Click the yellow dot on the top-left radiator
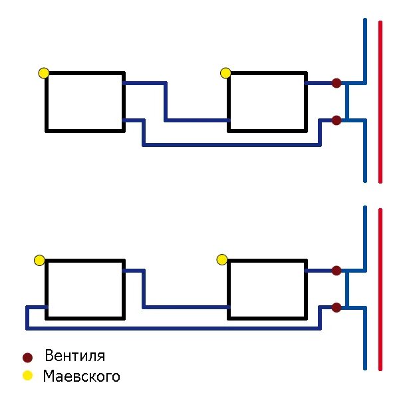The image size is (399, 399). [x=44, y=73]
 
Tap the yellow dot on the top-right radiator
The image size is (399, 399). [x=225, y=72]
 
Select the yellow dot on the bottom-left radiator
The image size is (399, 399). [x=40, y=260]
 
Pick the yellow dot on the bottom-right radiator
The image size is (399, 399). [x=222, y=259]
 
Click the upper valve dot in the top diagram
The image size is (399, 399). [x=336, y=83]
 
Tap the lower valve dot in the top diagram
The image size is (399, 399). [x=336, y=120]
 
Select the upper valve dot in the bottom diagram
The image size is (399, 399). [x=336, y=271]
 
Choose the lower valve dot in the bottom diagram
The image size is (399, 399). [x=336, y=307]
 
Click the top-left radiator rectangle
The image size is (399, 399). [x=84, y=102]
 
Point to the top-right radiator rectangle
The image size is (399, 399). [x=267, y=102]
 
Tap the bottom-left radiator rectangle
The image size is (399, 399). [x=84, y=289]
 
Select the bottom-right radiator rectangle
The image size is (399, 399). [x=267, y=289]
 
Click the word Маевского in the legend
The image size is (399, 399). [x=81, y=376]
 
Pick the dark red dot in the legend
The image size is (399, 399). [x=27, y=357]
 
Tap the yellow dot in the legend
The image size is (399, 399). [x=27, y=376]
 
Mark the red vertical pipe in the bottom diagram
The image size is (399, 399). [x=380, y=289]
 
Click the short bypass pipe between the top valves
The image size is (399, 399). [x=347, y=102]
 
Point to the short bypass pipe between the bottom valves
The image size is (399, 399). [x=347, y=289]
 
